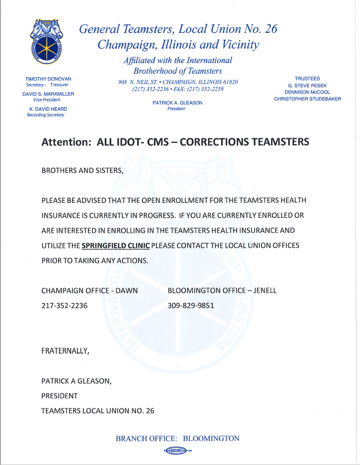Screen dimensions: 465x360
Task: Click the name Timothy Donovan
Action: (x=48, y=78)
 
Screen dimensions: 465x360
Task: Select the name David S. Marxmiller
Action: (x=48, y=93)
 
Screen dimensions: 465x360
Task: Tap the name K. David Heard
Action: (x=48, y=109)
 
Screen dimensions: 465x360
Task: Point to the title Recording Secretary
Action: (x=46, y=115)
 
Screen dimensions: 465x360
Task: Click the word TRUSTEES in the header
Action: (x=308, y=78)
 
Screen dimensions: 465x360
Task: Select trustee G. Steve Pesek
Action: (x=308, y=85)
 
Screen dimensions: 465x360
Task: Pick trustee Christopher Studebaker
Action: (x=308, y=99)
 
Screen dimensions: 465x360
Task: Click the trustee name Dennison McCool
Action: (x=308, y=92)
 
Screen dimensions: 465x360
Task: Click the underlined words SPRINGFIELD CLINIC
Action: (x=116, y=245)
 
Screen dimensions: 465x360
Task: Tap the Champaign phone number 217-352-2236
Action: (x=65, y=305)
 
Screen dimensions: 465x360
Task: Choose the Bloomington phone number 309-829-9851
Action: (x=191, y=305)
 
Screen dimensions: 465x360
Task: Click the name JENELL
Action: (x=263, y=290)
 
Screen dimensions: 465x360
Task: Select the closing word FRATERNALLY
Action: (x=65, y=351)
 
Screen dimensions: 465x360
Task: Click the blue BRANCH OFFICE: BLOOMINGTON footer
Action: (x=177, y=438)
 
